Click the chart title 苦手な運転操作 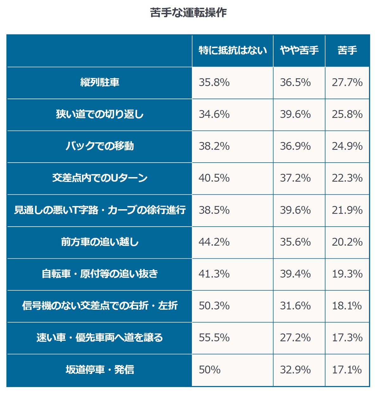click(188, 13)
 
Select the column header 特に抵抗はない click(233, 50)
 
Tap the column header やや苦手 click(299, 50)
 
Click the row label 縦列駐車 click(100, 82)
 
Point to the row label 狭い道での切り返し click(100, 114)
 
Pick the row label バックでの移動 click(100, 146)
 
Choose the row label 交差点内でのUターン click(100, 178)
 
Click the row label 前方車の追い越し click(100, 242)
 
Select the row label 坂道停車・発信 click(100, 370)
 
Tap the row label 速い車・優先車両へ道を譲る click(100, 338)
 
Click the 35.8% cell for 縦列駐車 click(214, 82)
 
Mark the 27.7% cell click(347, 82)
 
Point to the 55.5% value click(214, 338)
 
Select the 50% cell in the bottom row click(210, 370)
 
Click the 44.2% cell click(214, 242)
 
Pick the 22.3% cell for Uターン click(347, 178)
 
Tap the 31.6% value click(295, 306)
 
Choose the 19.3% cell click(347, 274)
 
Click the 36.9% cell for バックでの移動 click(295, 146)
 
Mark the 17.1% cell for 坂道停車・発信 click(347, 370)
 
